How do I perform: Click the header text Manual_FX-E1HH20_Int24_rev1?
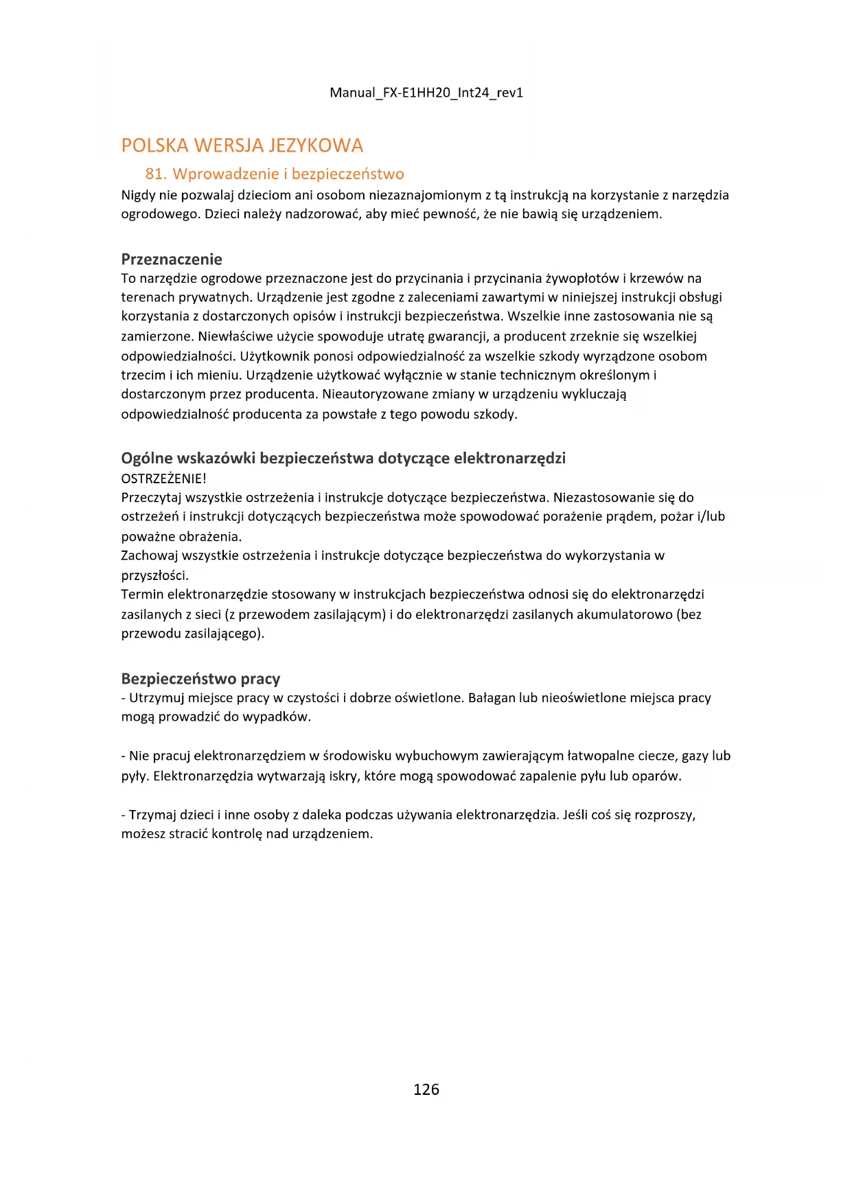pyautogui.click(x=426, y=93)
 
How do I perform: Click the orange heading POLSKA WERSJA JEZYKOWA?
pyautogui.click(x=242, y=146)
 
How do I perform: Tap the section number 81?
pyautogui.click(x=156, y=174)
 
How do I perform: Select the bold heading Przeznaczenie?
pyautogui.click(x=172, y=259)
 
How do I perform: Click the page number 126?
pyautogui.click(x=426, y=1089)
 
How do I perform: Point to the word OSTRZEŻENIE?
pyautogui.click(x=163, y=478)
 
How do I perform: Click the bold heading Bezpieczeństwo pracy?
pyautogui.click(x=200, y=679)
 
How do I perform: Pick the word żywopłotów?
pyautogui.click(x=582, y=279)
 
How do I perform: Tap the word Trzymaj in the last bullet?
pyautogui.click(x=152, y=815)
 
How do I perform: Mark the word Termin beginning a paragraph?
pyautogui.click(x=142, y=594)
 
